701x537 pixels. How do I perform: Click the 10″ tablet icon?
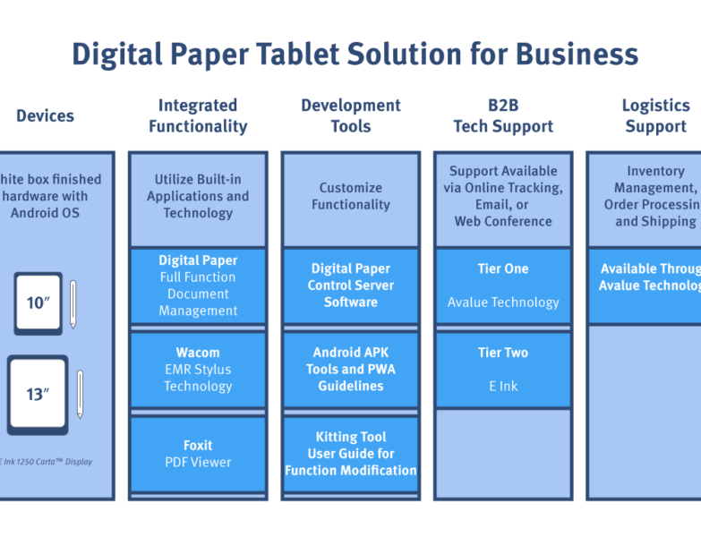38,303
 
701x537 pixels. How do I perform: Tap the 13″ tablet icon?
38,394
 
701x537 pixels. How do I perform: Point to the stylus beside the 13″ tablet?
80,394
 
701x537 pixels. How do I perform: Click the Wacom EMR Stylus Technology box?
198,370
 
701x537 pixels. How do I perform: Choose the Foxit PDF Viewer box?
198,454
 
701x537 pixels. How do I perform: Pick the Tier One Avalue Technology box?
503,286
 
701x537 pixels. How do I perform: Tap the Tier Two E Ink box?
503,370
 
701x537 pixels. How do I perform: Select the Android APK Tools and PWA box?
351,370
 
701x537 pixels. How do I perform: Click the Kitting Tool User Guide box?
351,454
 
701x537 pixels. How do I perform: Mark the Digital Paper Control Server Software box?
351,286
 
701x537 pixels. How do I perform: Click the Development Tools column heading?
351,115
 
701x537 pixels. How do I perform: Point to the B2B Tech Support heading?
503,115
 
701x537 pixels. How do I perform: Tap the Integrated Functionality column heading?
198,115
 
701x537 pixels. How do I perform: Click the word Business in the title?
577,55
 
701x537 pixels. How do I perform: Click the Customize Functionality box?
351,197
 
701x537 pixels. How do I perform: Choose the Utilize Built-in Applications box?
198,197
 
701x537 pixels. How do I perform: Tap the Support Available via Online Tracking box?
503,196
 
